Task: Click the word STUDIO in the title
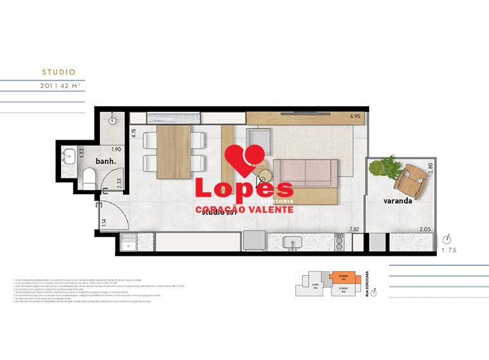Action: tap(58, 72)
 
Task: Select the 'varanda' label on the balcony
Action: tap(398, 201)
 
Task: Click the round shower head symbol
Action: tap(112, 119)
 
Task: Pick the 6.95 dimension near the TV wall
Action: tap(354, 117)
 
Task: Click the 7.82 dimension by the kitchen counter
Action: tap(354, 229)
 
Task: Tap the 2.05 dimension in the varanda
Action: tap(424, 229)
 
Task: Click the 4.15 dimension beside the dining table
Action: tap(133, 133)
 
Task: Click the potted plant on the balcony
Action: tap(385, 168)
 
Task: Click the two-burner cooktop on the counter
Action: tap(340, 242)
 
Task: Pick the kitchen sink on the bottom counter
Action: tap(294, 242)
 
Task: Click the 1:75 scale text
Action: tap(448, 250)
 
